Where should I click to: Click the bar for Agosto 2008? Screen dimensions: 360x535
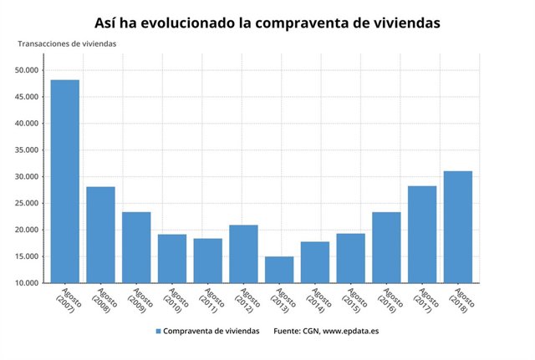point(101,235)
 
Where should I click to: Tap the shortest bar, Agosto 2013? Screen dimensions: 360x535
point(279,270)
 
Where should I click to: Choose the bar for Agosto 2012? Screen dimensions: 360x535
point(243,254)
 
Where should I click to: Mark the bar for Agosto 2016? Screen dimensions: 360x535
point(386,247)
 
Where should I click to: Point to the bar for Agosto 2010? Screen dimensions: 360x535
point(172,258)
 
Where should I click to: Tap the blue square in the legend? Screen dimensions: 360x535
point(158,332)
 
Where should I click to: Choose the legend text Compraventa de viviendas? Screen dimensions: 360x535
point(211,332)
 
